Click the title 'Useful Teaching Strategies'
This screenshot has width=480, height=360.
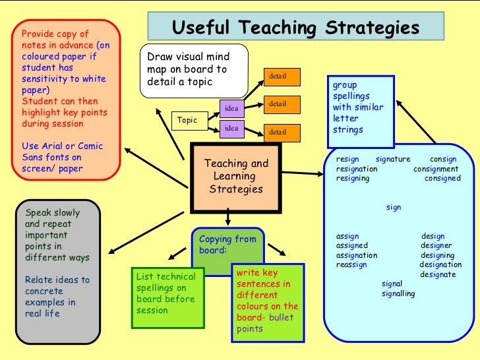click(295, 28)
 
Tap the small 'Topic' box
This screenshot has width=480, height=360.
click(188, 121)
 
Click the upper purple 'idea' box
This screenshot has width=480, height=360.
click(231, 107)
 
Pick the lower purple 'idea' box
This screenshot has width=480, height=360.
click(231, 128)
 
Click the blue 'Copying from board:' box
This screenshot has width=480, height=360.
click(227, 245)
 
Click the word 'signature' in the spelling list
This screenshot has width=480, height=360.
click(393, 159)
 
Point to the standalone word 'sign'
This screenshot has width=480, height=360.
click(394, 207)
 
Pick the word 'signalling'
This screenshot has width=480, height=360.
click(398, 294)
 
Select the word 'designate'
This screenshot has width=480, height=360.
click(438, 274)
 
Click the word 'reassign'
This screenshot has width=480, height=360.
click(351, 265)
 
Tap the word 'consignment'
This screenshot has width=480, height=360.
click(440, 169)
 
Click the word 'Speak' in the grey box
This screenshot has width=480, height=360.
click(38, 213)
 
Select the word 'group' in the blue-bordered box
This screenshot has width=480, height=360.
click(344, 86)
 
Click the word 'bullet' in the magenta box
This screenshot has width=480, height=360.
click(281, 317)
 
